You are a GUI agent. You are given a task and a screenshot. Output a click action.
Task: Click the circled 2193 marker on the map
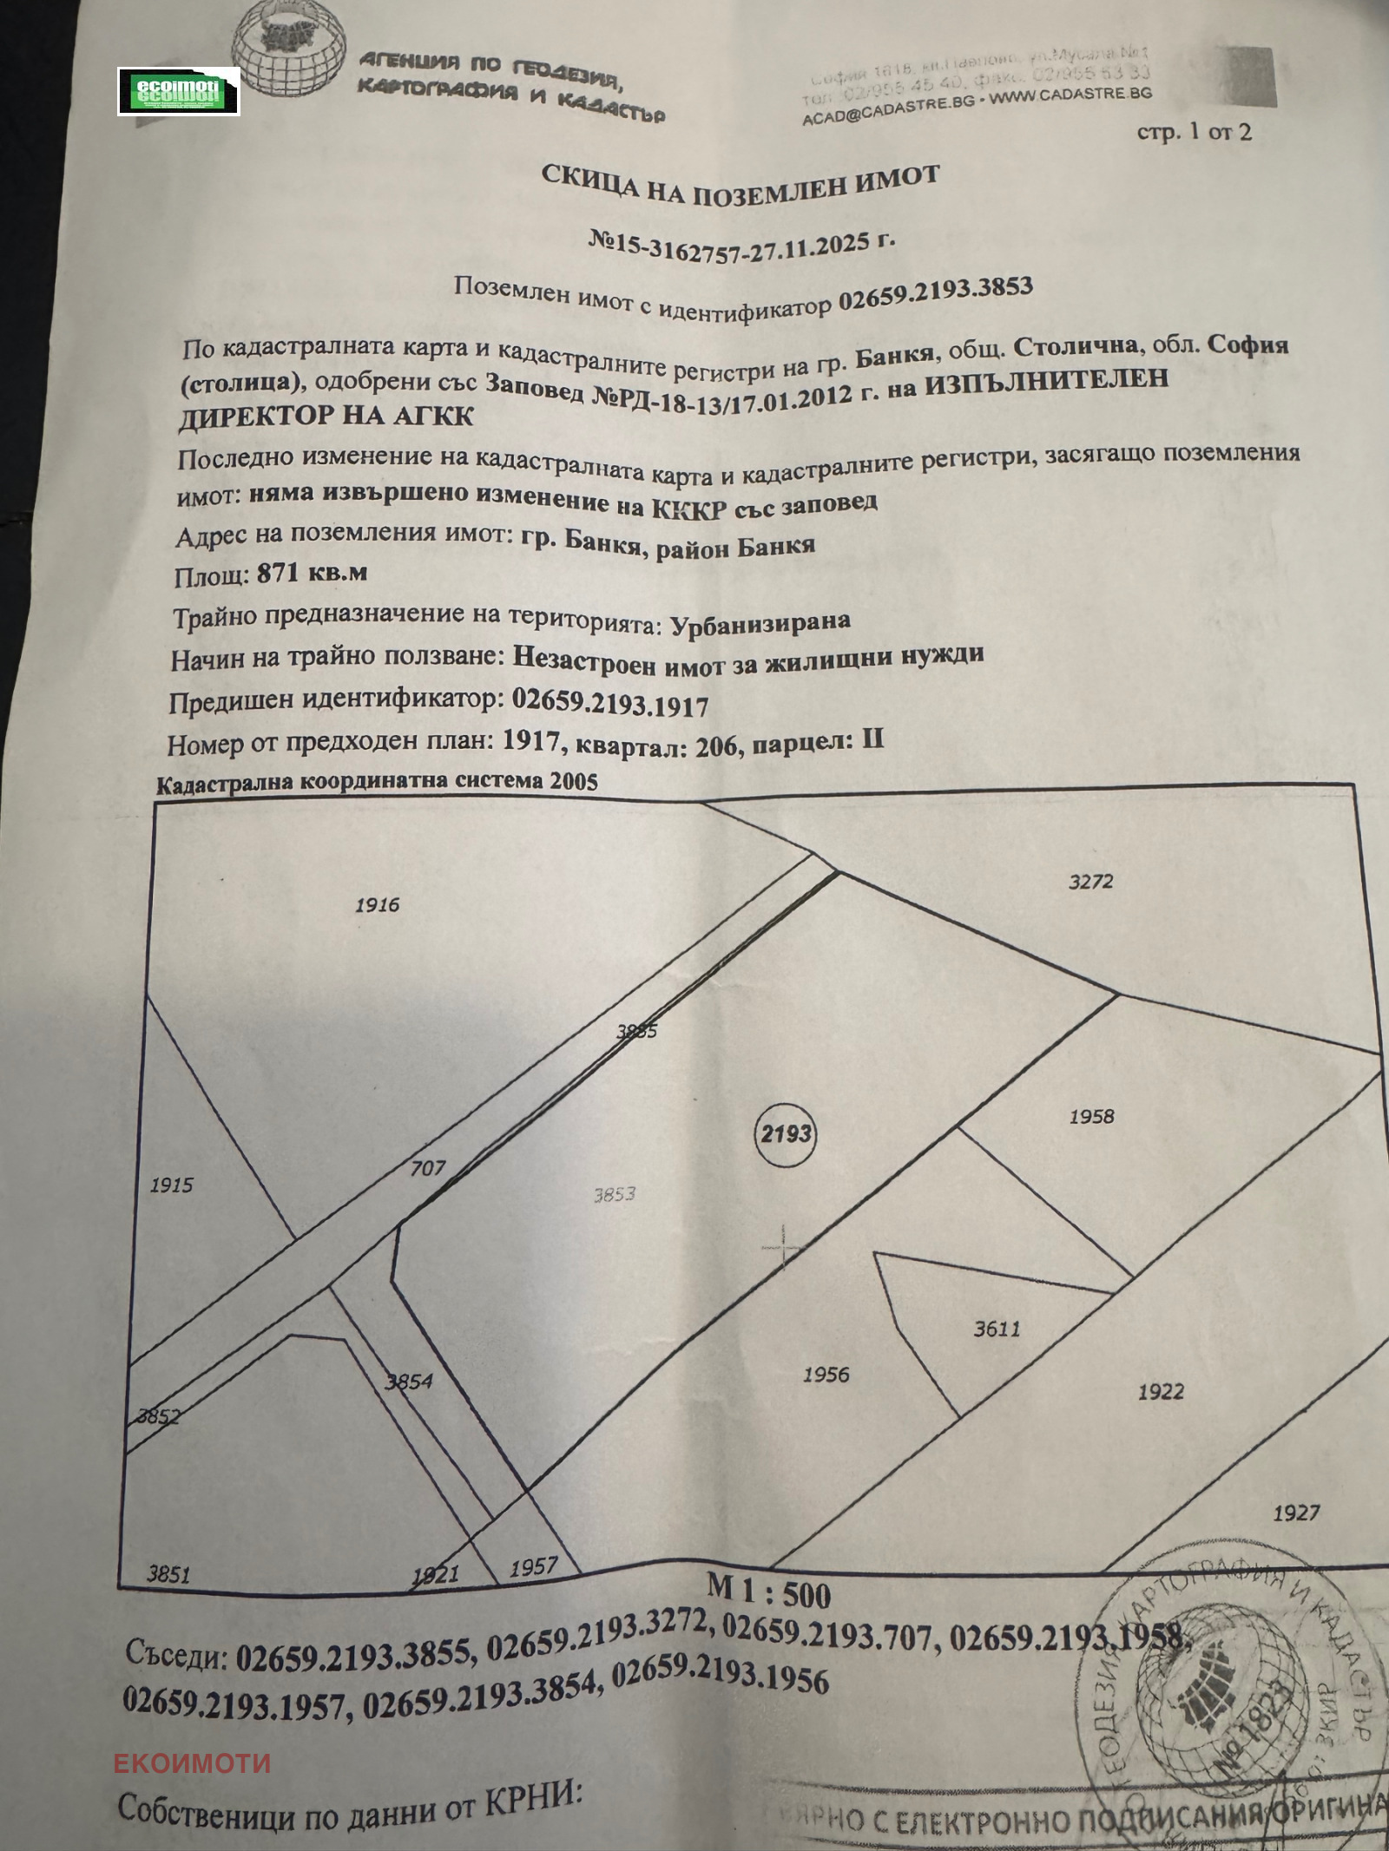point(786,1133)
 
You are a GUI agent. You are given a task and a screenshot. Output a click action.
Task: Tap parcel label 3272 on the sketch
point(1090,883)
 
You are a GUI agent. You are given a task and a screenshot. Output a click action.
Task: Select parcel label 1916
point(378,905)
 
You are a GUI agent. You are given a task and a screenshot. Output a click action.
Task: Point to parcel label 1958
point(1091,1117)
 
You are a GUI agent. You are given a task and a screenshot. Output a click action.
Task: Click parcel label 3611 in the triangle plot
point(997,1329)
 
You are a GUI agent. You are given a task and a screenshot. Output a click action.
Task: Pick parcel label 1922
point(1161,1392)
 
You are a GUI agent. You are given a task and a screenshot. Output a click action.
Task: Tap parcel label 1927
point(1296,1513)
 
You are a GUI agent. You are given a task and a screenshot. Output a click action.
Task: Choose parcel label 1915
point(171,1185)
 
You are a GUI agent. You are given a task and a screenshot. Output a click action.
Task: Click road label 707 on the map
point(428,1168)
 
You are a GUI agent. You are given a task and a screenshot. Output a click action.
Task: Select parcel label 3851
point(168,1574)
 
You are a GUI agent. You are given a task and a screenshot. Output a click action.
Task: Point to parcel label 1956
point(826,1375)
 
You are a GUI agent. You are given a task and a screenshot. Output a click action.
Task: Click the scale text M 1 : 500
point(768,1591)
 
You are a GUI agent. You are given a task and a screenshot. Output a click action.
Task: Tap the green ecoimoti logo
point(179,91)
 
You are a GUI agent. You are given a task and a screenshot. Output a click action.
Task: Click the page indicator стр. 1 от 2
point(1194,132)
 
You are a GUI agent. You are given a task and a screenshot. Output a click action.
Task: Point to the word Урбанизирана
point(760,622)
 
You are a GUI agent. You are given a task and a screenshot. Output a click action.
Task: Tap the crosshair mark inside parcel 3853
point(783,1246)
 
